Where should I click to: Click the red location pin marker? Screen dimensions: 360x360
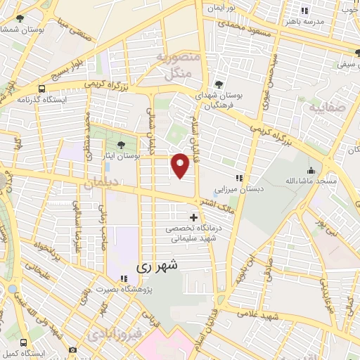click(181, 165)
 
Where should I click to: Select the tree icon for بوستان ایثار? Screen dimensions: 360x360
click(122, 143)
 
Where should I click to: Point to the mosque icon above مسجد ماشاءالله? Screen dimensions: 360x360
click(311, 169)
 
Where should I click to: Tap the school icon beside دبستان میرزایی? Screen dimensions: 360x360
click(239, 178)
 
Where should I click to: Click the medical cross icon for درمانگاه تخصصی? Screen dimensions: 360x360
click(194, 217)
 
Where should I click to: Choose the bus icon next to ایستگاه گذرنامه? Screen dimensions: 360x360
click(42, 89)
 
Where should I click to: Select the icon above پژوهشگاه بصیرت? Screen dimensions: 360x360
click(123, 277)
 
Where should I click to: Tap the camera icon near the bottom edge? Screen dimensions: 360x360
click(73, 349)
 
